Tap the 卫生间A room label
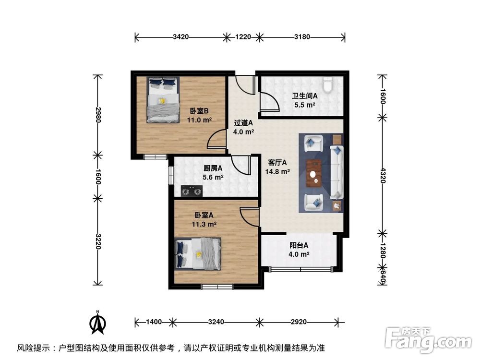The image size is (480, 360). tap(304, 96)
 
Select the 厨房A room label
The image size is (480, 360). tap(213, 168)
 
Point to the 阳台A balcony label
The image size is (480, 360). tap(299, 245)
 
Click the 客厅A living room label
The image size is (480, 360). tap(277, 162)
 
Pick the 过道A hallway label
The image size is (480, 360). tap(243, 122)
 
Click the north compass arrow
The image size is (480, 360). tap(98, 323)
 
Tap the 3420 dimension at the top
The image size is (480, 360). tap(180, 36)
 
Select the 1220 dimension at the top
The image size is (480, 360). tap(243, 36)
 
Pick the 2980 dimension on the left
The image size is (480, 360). tap(98, 115)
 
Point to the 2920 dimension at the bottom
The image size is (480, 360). tap(299, 322)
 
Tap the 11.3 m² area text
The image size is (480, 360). tap(204, 224)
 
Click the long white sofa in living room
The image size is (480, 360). tap(337, 173)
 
